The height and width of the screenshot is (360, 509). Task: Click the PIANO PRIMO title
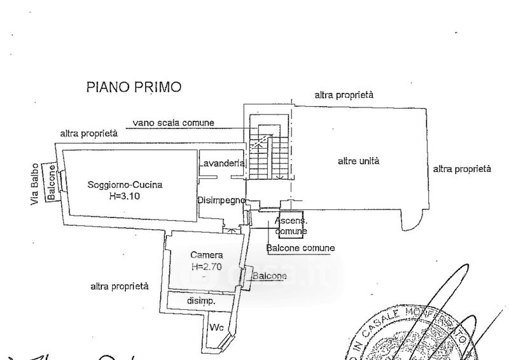(x=134, y=87)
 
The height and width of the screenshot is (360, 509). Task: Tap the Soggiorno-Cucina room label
(x=125, y=185)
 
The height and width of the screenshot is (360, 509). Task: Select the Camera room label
(x=202, y=256)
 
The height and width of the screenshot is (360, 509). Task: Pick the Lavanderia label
(x=221, y=163)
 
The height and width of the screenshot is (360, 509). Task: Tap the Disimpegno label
(x=221, y=200)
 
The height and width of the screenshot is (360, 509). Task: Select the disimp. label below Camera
(x=201, y=300)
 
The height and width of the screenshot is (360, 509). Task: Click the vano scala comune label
(x=173, y=123)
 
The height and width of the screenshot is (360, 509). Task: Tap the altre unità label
(x=358, y=161)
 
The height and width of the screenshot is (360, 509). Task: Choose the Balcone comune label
(x=301, y=247)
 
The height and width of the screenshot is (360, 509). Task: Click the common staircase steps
(x=261, y=153)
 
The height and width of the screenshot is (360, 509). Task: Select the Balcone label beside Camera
(x=269, y=276)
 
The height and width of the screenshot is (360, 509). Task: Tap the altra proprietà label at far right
(x=461, y=169)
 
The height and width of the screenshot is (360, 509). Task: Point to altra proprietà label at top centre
(x=344, y=95)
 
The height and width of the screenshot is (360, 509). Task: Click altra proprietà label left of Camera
(x=120, y=286)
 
